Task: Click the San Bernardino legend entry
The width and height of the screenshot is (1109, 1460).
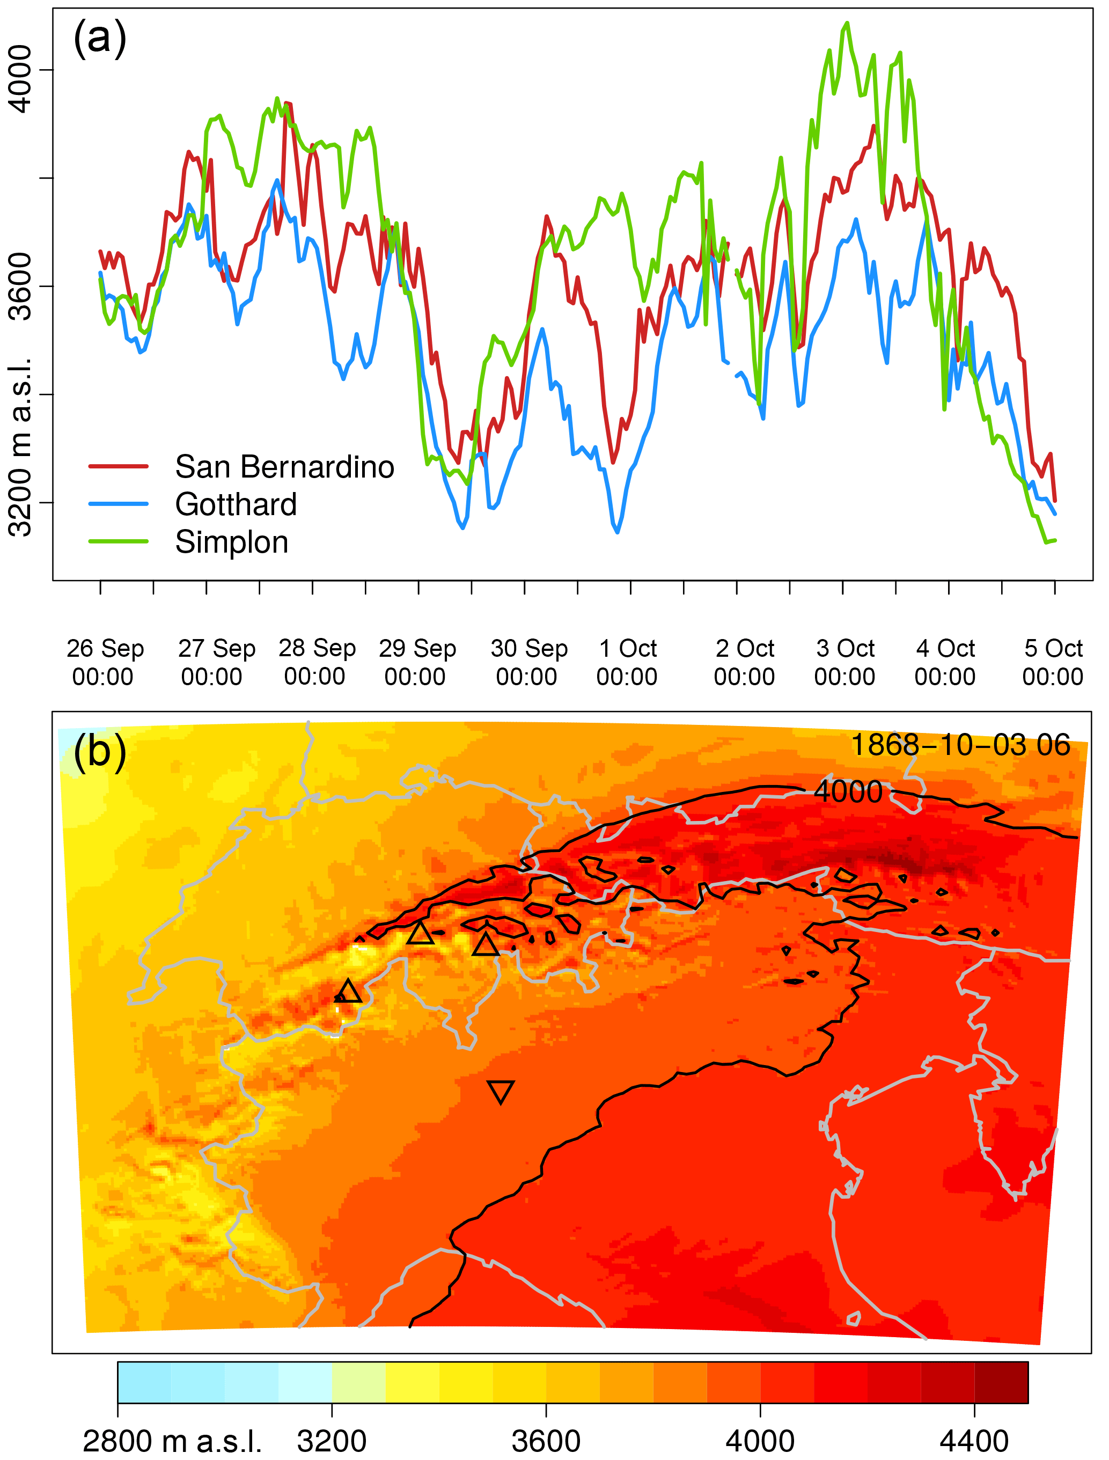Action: [284, 467]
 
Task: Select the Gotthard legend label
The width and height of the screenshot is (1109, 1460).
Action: [236, 504]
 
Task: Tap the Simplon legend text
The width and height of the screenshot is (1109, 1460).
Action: [231, 542]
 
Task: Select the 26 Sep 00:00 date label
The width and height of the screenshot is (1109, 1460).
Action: [104, 662]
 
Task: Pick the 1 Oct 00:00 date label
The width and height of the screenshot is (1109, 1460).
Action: [627, 662]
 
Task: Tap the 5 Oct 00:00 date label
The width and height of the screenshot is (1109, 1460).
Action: [1053, 662]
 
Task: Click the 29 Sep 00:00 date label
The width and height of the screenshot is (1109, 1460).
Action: [416, 662]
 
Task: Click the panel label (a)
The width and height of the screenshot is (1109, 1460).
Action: [100, 38]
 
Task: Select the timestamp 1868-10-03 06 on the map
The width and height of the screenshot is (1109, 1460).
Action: [960, 745]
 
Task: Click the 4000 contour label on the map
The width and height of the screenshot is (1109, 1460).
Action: [848, 791]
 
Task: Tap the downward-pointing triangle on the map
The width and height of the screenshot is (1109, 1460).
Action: [501, 1092]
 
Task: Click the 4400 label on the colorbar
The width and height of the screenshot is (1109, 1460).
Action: [974, 1442]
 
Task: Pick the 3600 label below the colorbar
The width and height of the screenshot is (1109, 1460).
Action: [546, 1442]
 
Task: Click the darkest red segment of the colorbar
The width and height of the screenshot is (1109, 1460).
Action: [1001, 1382]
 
